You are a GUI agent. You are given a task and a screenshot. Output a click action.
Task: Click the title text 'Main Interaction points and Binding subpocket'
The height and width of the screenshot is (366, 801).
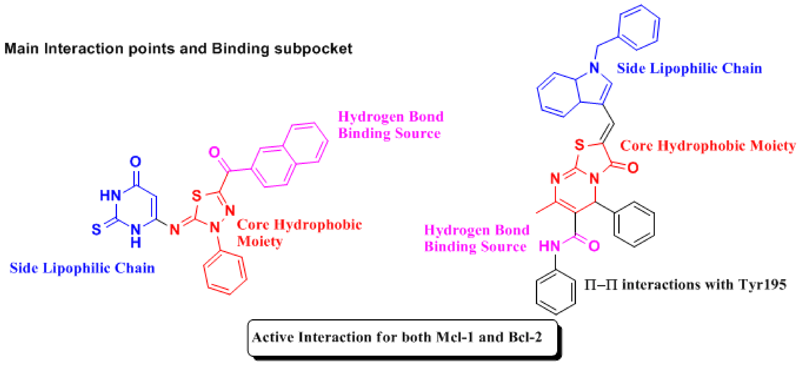178,49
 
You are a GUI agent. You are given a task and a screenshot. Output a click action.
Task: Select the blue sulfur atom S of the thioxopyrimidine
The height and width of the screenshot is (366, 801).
96,229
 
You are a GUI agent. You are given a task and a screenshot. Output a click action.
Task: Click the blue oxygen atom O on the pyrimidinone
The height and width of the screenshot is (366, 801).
135,161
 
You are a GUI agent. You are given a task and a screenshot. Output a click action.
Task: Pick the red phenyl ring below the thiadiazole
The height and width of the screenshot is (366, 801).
225,273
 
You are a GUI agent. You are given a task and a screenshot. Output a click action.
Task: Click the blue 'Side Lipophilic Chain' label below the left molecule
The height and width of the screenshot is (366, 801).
82,268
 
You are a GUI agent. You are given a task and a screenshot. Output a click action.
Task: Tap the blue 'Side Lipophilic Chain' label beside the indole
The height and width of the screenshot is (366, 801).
689,68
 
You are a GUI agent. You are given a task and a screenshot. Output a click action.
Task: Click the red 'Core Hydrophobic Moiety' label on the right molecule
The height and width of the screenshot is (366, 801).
708,146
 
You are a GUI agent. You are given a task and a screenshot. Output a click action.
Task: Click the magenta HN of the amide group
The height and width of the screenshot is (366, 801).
549,246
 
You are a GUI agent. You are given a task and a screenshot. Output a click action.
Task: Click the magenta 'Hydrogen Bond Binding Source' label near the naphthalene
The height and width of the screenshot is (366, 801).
390,125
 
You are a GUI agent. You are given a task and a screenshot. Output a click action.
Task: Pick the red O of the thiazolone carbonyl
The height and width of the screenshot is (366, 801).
633,168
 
